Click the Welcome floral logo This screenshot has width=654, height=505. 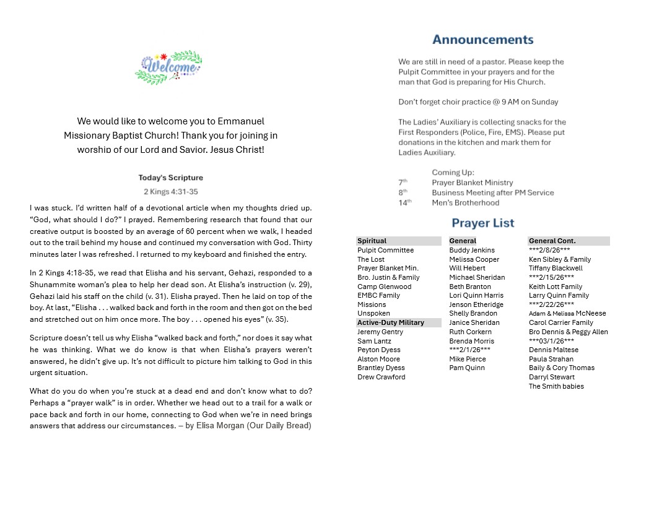[x=168, y=67]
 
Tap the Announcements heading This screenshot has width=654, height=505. [x=482, y=40]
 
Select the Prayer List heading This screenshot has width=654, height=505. [x=482, y=223]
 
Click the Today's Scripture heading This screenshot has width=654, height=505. [x=170, y=178]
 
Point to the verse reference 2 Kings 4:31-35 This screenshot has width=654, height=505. [x=170, y=192]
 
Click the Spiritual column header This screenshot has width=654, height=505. [x=372, y=241]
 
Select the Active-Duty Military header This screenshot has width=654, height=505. [x=391, y=322]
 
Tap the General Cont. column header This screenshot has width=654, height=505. [x=552, y=241]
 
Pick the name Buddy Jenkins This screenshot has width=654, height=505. [x=472, y=250]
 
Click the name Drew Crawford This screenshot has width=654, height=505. [x=381, y=377]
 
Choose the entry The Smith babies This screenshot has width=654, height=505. [x=556, y=386]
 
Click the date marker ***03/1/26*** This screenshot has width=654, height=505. [x=551, y=341]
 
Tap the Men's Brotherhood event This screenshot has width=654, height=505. [x=465, y=202]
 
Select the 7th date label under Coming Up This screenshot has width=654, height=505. [x=403, y=183]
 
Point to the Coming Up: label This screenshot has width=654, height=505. [x=453, y=173]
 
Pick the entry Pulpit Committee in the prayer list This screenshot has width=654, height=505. [x=385, y=250]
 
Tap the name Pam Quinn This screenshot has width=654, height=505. [x=467, y=368]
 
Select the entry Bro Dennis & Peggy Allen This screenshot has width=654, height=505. [x=568, y=332]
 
